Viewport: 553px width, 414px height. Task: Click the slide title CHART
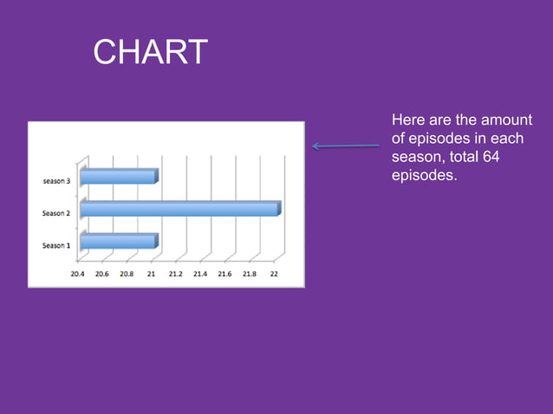point(150,53)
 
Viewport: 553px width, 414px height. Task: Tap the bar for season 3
point(119,177)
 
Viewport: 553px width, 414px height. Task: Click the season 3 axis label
point(57,181)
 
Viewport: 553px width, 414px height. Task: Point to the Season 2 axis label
point(56,213)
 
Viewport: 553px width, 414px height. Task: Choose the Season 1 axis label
point(56,245)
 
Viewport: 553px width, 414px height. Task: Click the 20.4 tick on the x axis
point(78,273)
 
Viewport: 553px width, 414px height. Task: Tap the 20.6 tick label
point(102,273)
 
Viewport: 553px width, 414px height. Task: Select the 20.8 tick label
point(127,273)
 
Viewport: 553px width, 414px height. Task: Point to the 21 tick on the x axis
point(151,273)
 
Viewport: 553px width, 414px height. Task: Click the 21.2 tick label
point(175,273)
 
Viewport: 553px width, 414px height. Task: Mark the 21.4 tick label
point(199,273)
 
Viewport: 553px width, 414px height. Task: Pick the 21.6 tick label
point(224,273)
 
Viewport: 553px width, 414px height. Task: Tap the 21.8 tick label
point(249,273)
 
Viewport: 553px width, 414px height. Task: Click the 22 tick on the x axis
point(273,273)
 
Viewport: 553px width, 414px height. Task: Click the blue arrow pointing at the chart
point(346,146)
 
